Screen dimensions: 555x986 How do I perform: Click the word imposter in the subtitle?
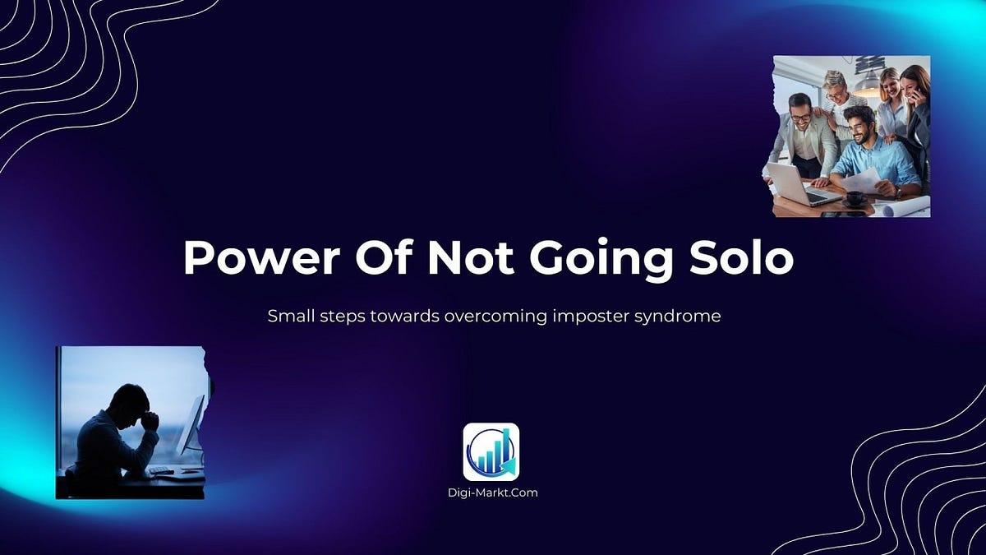pos(584,316)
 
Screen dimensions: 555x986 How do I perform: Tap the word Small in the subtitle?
pos(288,316)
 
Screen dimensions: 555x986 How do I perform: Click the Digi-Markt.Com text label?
pos(491,493)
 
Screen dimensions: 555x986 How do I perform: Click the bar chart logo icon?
pos(491,451)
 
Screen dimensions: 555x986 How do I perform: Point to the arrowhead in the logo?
pos(512,468)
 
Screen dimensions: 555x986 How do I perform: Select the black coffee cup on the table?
pos(855,198)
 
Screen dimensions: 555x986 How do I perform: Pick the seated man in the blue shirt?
pos(874,156)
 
